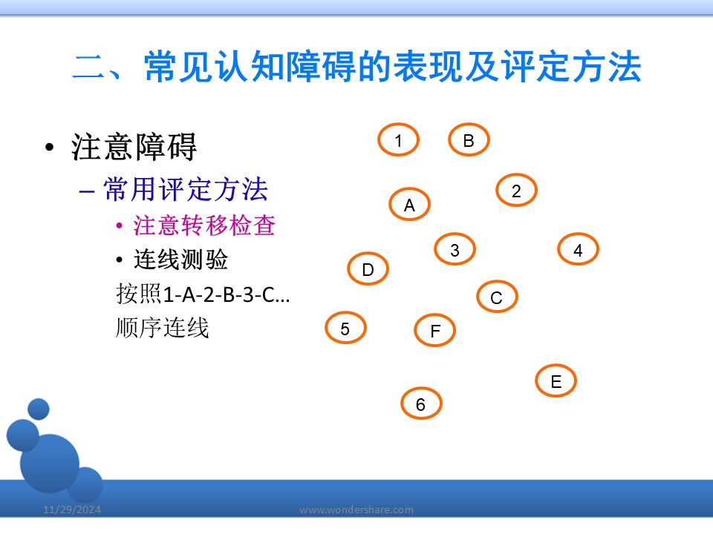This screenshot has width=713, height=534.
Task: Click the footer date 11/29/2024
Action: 72,510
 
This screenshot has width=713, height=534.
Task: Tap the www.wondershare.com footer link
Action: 356,510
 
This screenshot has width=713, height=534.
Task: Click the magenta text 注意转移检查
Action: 204,225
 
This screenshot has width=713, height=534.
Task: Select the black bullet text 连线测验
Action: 180,260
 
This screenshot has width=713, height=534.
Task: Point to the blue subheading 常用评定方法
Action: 186,189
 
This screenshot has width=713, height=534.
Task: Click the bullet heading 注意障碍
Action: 134,147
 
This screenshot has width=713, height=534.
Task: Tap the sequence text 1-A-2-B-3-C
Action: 218,294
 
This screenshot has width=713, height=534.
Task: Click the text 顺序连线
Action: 163,327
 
